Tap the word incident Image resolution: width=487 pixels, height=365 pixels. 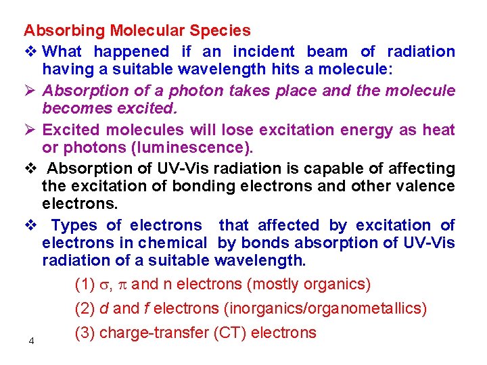(264, 52)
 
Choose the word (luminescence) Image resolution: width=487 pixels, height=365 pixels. (202, 147)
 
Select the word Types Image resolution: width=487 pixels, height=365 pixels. (75, 226)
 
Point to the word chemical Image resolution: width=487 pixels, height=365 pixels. (175, 243)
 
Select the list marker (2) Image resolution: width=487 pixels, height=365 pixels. (85, 309)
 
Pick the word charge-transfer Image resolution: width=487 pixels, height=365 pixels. (152, 333)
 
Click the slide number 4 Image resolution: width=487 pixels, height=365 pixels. (32, 341)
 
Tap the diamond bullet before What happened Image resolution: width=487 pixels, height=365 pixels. (29, 52)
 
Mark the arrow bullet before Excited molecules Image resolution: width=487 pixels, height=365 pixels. (29, 130)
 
